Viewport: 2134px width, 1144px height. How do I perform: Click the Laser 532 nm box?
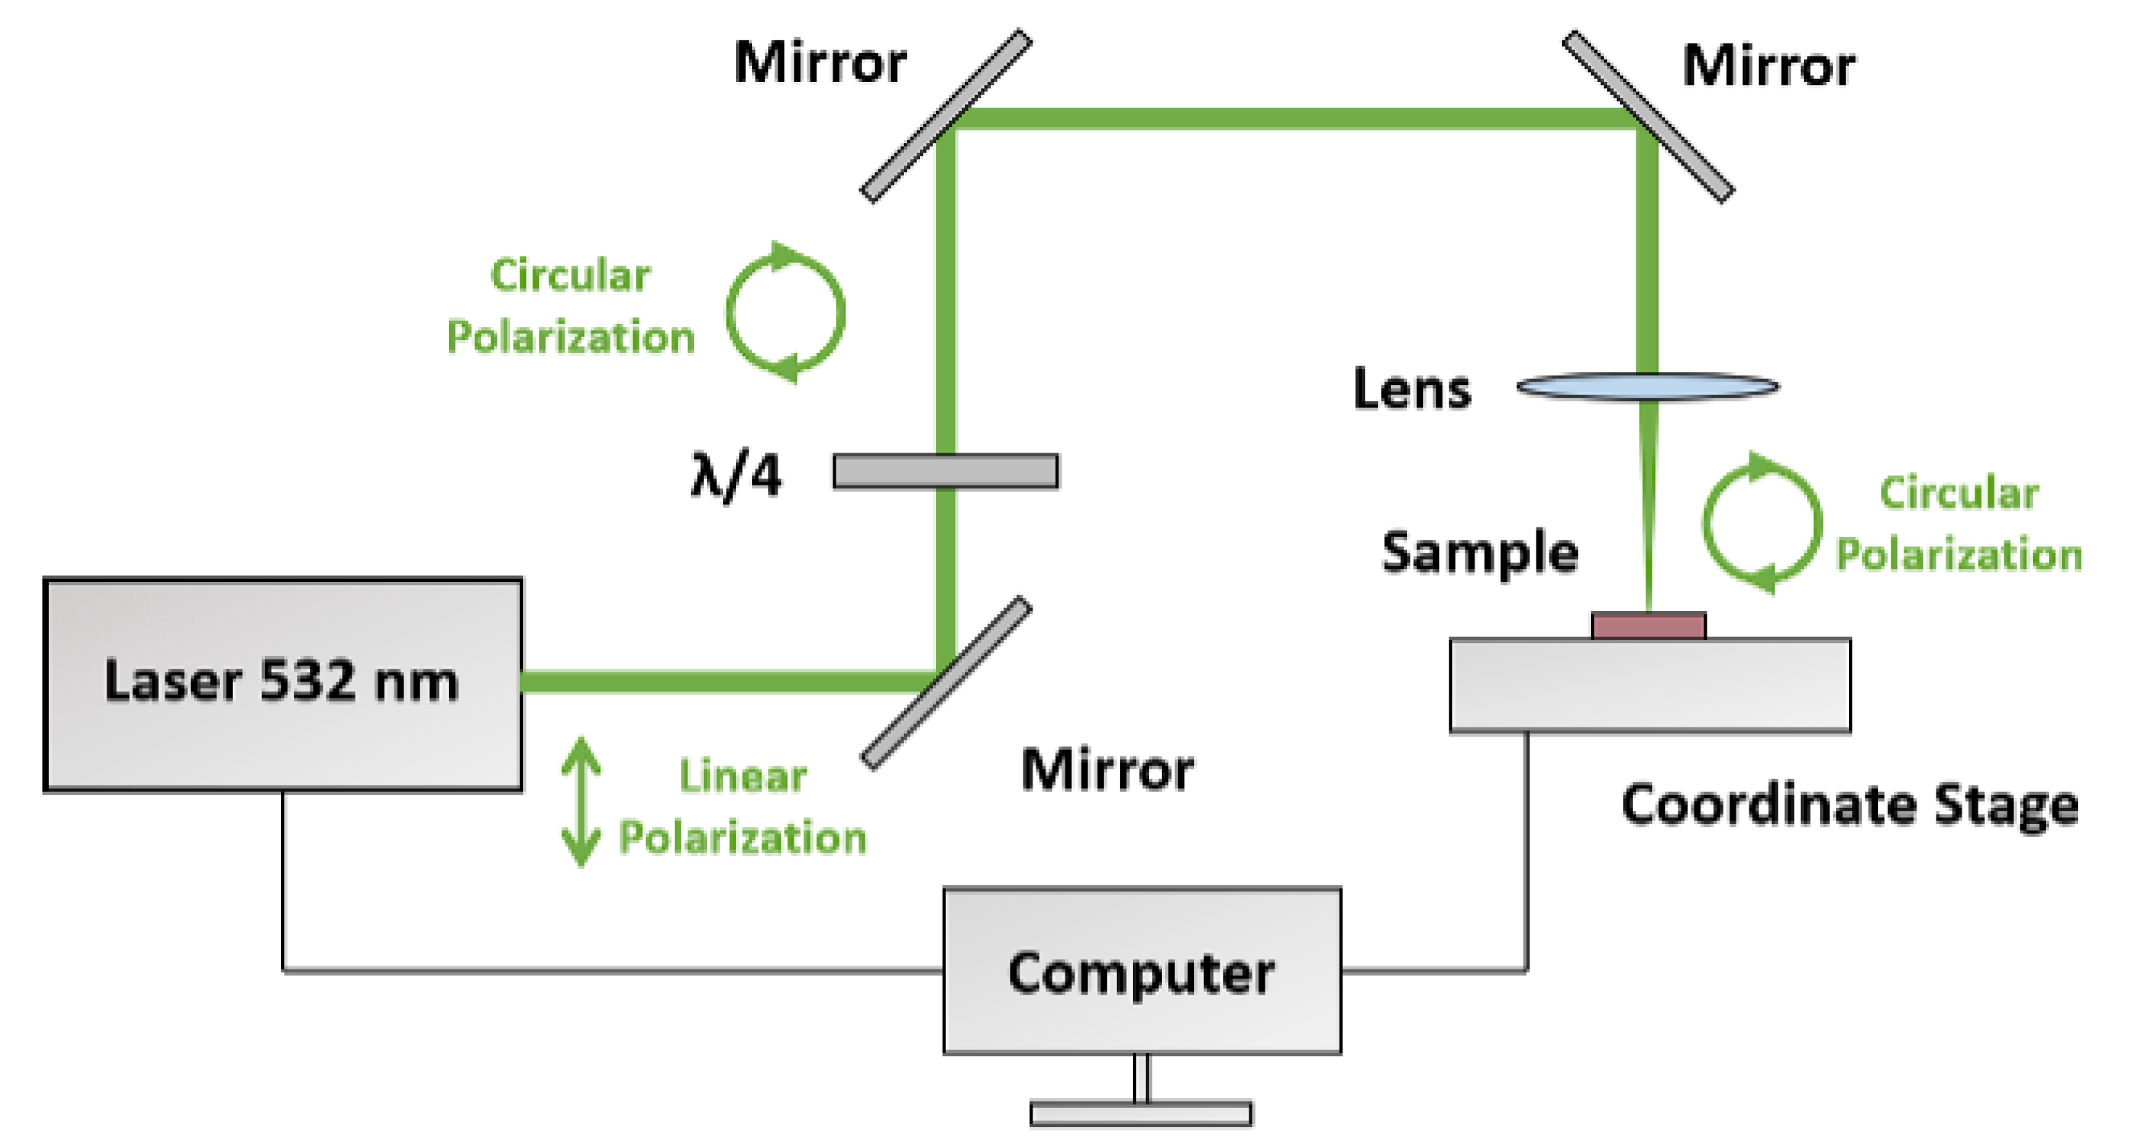[283, 684]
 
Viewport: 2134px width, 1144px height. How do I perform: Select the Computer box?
[1141, 971]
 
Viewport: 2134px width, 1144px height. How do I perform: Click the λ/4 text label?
[735, 475]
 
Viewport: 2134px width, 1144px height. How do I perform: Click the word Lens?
[1412, 389]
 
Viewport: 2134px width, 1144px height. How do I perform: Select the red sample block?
[1648, 626]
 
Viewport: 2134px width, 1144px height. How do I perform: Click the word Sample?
[1480, 553]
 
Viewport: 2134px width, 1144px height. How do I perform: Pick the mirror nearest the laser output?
[946, 682]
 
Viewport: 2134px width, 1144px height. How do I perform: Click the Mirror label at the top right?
[1769, 67]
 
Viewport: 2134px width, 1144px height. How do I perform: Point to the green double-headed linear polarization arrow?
[581, 801]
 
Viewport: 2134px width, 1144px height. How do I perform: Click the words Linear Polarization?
[742, 808]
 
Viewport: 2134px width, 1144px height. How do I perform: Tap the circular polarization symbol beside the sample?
[1762, 523]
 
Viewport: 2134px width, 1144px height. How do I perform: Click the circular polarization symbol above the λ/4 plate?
[785, 313]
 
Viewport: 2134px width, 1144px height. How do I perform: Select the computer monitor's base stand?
[1141, 1113]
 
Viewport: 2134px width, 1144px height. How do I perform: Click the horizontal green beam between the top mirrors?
[1292, 118]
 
